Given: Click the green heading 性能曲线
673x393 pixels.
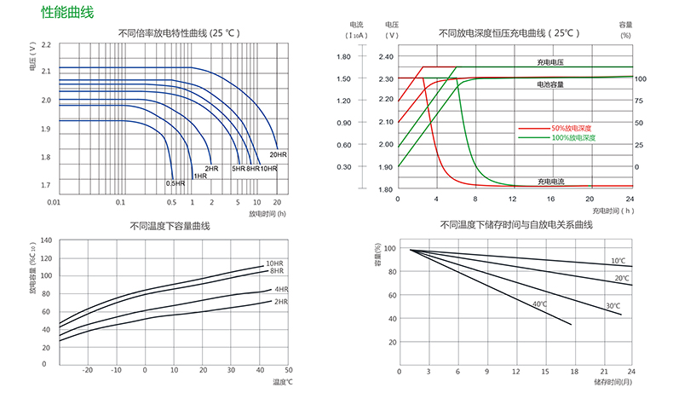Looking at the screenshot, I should (66, 13).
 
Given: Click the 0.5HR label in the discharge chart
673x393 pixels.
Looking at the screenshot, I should (175, 182).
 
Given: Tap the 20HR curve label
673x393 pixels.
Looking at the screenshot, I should (278, 154).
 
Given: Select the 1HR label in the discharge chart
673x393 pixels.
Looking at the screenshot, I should (200, 176).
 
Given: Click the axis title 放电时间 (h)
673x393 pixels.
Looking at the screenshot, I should (267, 213).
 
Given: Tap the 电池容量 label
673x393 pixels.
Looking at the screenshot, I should (549, 84).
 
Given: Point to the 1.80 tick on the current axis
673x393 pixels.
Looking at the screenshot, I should (344, 56).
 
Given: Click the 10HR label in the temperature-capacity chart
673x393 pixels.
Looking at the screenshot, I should (274, 263).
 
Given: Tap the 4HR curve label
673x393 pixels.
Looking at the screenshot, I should (281, 290).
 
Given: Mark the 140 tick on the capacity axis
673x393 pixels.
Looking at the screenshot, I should (44, 241).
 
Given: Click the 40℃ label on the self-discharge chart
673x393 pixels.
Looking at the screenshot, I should (539, 304).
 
